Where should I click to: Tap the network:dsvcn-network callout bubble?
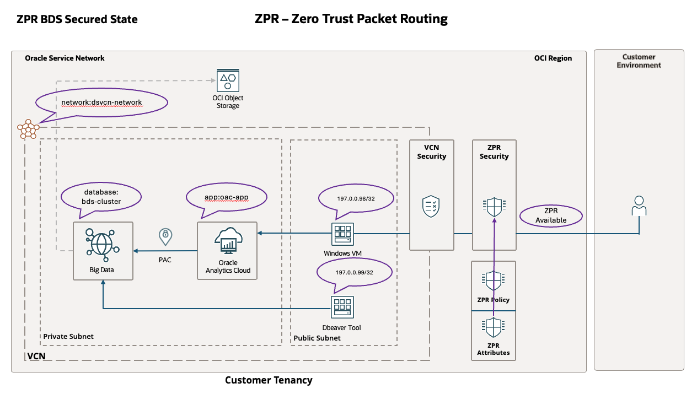point(101,102)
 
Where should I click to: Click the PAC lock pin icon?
point(164,236)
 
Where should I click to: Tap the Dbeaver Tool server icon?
point(342,307)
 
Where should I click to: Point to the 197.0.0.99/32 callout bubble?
point(355,272)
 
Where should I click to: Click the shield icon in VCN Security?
point(431,206)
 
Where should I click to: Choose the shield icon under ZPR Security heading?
point(494,207)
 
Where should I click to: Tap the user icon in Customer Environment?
point(639,206)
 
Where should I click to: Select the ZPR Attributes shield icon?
point(494,328)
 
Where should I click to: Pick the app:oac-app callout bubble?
point(227,196)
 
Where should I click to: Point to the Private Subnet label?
point(68,336)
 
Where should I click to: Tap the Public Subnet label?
point(317,338)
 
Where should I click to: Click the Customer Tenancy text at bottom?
point(269,380)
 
